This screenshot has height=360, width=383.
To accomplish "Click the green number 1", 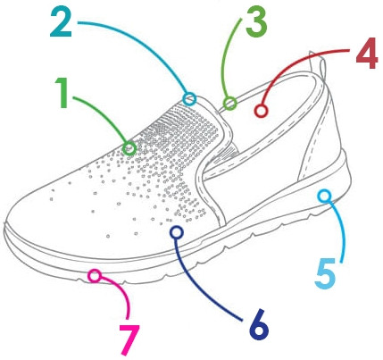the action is coord(63,93).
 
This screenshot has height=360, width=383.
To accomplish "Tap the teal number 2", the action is coord(61,22).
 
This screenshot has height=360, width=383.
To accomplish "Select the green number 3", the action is coord(256,22).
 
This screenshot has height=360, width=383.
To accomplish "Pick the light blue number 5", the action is coord(326,273).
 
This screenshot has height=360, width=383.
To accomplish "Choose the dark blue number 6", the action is coord(259,324).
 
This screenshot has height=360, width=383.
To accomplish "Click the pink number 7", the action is coord(129,339).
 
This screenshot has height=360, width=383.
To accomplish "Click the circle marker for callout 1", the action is coord(129,148).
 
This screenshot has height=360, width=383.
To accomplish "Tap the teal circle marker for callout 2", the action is coord(189,99).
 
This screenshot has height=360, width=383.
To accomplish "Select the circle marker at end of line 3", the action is coord(229,104).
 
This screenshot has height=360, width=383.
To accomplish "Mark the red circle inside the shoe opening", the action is coord(261,111).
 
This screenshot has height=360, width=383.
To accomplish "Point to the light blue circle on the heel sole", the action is coord(324,196).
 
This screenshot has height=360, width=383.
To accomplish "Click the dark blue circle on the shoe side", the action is coord(177,232).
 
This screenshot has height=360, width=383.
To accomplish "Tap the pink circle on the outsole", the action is coord(95,276).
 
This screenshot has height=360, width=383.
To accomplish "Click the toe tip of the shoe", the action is coord(5,225).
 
